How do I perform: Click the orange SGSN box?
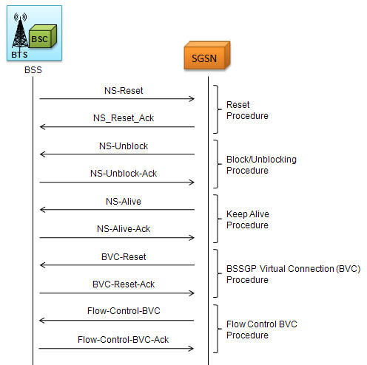click(x=207, y=55)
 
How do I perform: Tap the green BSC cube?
click(x=43, y=36)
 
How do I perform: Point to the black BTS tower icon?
click(x=20, y=31)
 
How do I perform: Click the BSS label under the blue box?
click(x=33, y=70)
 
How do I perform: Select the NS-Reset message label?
click(x=124, y=91)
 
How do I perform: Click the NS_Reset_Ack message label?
click(x=124, y=118)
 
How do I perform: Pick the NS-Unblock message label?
click(x=124, y=146)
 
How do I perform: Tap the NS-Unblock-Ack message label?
click(x=124, y=174)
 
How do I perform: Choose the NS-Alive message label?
click(x=124, y=202)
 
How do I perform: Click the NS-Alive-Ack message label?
click(x=124, y=229)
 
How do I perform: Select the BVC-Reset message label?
click(x=124, y=257)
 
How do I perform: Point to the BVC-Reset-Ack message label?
click(x=124, y=284)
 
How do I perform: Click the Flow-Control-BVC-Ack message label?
click(x=123, y=340)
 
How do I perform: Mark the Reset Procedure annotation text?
click(x=247, y=110)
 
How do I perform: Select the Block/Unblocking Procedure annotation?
click(x=261, y=165)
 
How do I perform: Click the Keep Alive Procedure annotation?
click(x=248, y=219)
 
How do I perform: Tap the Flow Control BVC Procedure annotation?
click(x=262, y=330)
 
